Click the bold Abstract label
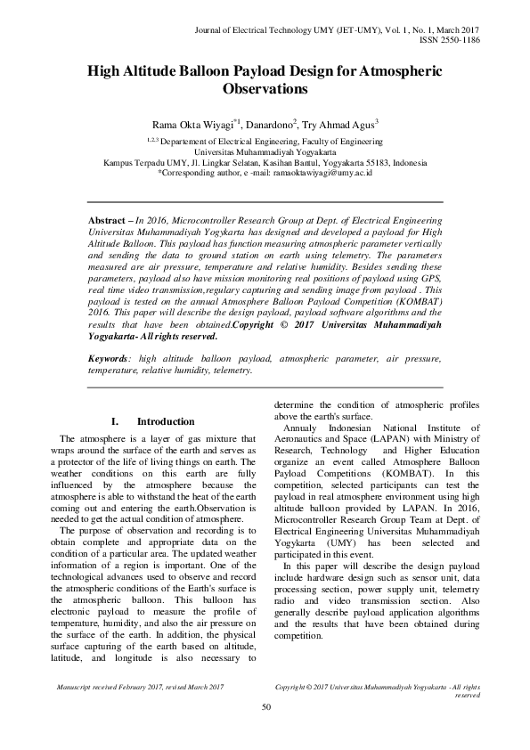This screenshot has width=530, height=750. tap(107, 219)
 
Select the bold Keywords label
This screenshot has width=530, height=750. tap(108, 384)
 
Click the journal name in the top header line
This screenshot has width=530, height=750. tap(290, 30)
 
